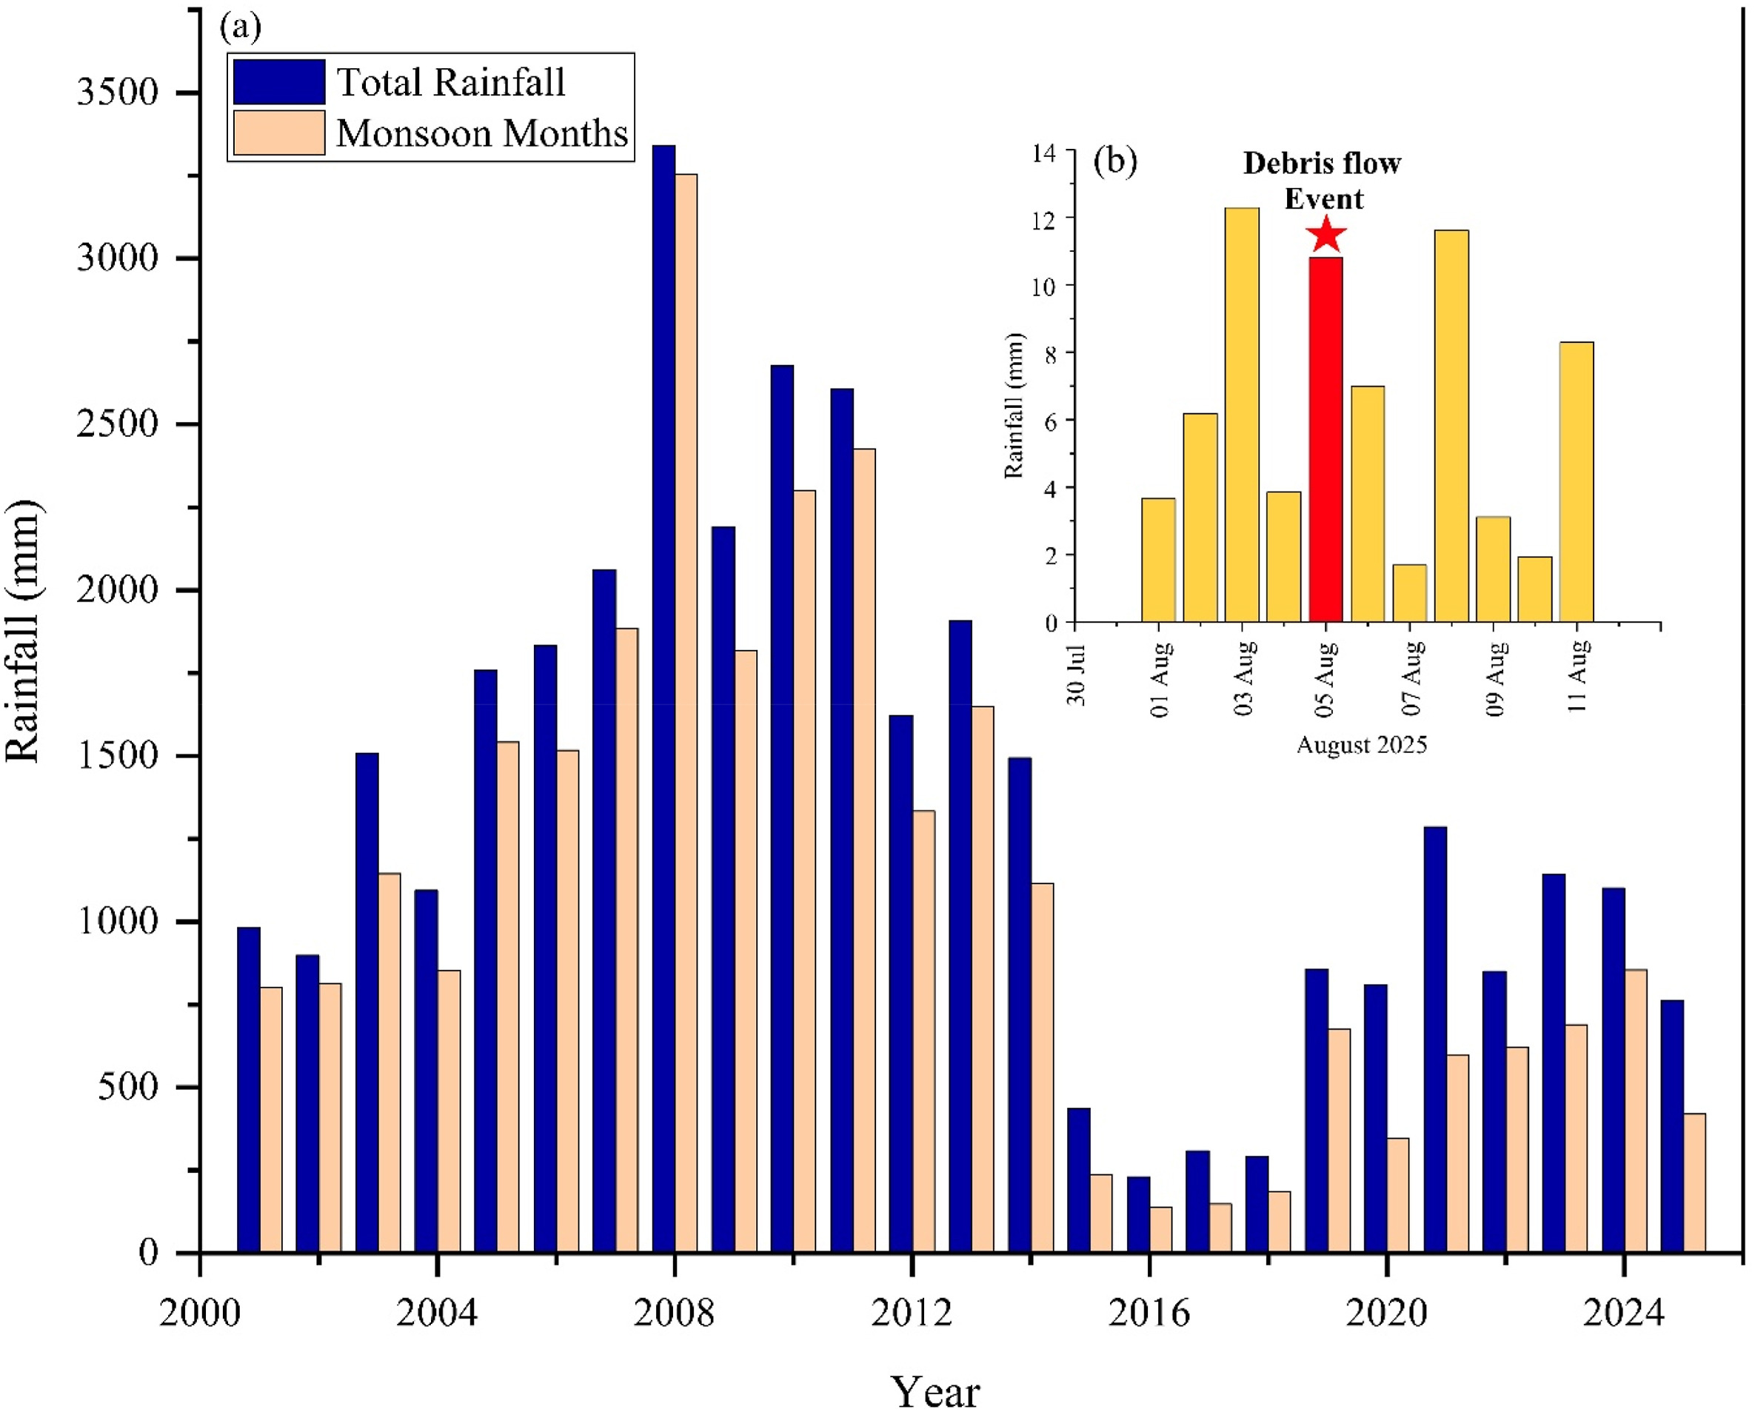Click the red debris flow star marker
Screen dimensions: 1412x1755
(1326, 235)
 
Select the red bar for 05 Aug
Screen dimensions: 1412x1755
(1326, 440)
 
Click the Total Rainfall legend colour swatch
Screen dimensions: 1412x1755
(279, 81)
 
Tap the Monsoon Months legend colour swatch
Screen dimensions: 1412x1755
(279, 133)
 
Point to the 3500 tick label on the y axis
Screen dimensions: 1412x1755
(117, 92)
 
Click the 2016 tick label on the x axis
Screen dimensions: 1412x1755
(1149, 1314)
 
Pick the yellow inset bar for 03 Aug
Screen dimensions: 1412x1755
(1242, 415)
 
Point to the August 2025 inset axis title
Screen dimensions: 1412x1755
(1362, 745)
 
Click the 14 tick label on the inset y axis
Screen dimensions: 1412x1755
(1043, 153)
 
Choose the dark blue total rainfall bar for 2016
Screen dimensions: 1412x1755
(1138, 1214)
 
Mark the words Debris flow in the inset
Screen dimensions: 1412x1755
(1322, 164)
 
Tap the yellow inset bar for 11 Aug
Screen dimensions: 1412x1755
(1577, 482)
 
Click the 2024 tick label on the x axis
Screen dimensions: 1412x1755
(1623, 1314)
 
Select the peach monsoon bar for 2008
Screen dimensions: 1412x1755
(686, 713)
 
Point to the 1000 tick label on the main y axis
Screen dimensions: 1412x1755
(117, 921)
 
